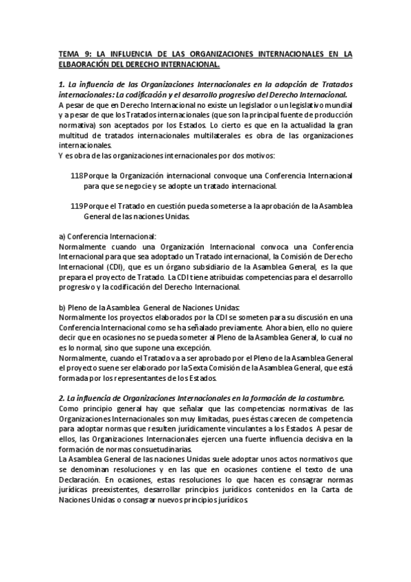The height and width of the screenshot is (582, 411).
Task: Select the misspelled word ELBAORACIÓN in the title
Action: [87, 65]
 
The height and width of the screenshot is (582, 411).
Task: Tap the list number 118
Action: [77, 176]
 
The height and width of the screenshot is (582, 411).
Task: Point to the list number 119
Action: [77, 206]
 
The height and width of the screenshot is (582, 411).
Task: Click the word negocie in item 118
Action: [142, 186]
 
